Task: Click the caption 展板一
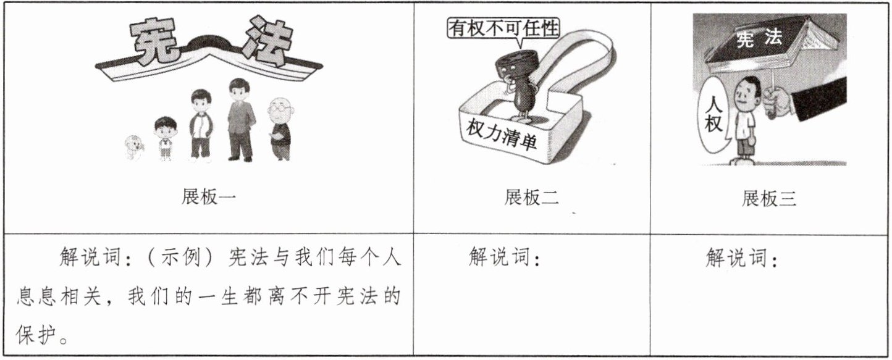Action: tap(209, 197)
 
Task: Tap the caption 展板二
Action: tap(531, 198)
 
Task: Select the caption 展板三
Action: tap(768, 198)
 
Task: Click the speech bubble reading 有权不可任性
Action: tap(503, 29)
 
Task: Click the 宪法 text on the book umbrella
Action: tap(759, 40)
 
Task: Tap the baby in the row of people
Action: tap(133, 148)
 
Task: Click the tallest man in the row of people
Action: tap(240, 119)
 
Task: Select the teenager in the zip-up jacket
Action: tap(201, 125)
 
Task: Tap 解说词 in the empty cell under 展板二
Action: tap(499, 256)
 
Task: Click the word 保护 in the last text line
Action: tap(36, 333)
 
